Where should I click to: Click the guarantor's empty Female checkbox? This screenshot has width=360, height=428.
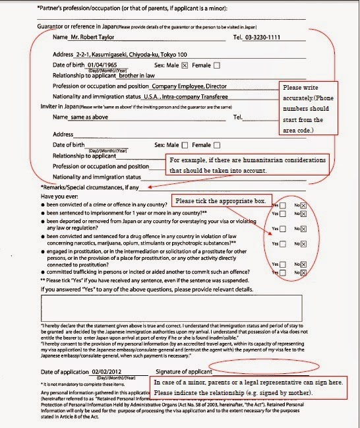[217, 65]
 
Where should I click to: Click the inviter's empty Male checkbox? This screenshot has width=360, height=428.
[185, 144]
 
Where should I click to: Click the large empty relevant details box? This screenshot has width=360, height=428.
[171, 308]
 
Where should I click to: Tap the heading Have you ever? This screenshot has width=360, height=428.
[61, 197]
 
